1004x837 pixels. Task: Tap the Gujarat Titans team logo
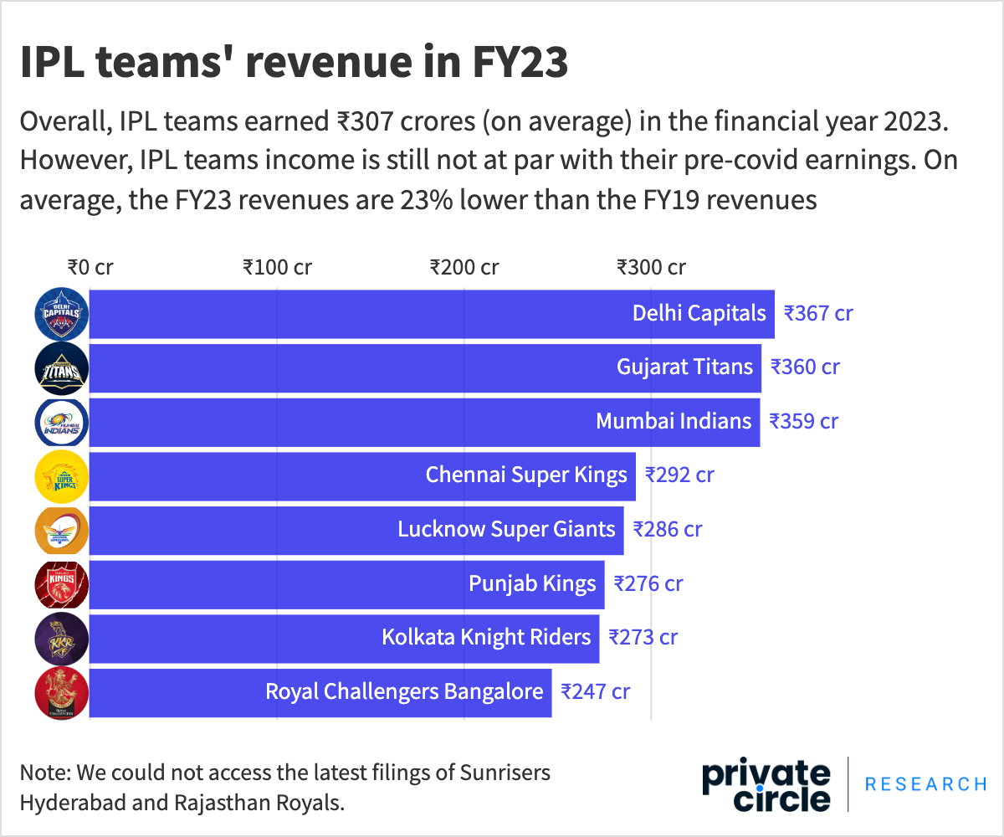(60, 367)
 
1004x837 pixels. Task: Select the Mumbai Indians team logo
(60, 422)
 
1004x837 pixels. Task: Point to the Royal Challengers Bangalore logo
(60, 693)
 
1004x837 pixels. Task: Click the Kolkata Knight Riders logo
(60, 639)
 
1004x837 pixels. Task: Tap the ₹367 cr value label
(817, 314)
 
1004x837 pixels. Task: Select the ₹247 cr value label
(595, 692)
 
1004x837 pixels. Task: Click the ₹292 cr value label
(679, 475)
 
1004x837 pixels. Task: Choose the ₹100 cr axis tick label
(277, 268)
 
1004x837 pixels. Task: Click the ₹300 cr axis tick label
(651, 268)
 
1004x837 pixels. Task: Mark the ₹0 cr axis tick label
(90, 268)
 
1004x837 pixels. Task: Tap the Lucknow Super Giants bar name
(506, 530)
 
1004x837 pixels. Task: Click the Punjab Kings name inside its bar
(532, 583)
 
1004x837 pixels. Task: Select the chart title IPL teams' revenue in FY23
(294, 64)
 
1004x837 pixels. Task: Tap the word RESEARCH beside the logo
(925, 784)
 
